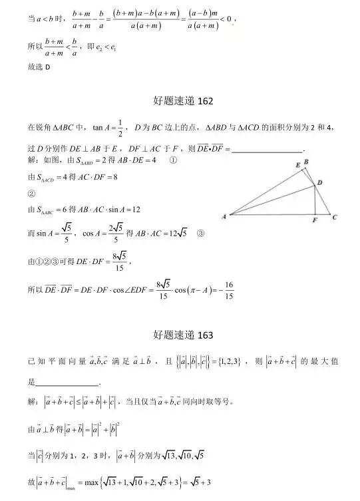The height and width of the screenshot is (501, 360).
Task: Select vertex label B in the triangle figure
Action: (x=305, y=162)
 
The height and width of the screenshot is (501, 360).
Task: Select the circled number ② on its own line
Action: (x=31, y=194)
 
